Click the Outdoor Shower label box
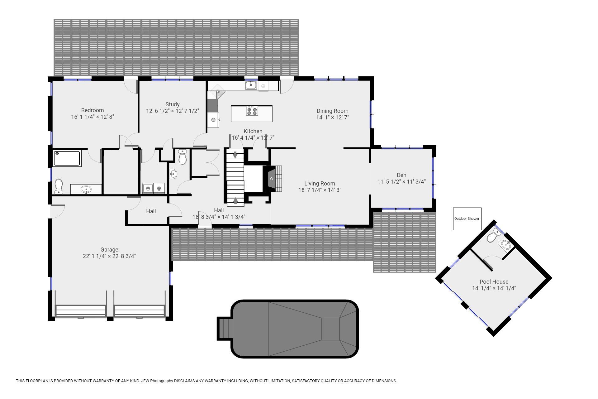(x=467, y=219)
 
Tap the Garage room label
(x=109, y=250)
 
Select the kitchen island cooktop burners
(x=252, y=111)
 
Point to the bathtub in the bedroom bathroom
(x=67, y=158)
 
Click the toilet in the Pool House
(x=493, y=236)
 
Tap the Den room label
(x=401, y=175)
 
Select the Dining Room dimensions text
(x=333, y=118)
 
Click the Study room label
(x=173, y=104)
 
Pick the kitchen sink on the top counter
(x=251, y=85)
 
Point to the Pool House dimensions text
(x=494, y=288)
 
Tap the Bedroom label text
(x=93, y=110)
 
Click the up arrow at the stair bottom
(x=235, y=201)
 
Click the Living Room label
(x=320, y=184)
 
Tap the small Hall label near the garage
(x=151, y=211)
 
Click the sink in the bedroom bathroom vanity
(x=86, y=189)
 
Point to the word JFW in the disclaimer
(x=145, y=381)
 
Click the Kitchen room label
(x=253, y=131)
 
